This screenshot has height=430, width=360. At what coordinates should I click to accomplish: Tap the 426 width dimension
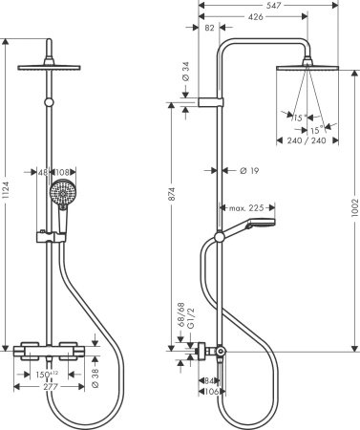click(256, 17)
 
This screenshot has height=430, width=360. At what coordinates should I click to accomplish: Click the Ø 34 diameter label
click(184, 72)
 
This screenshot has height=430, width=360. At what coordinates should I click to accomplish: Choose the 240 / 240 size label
click(306, 140)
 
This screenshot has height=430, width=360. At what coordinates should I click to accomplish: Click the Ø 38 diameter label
click(96, 378)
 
